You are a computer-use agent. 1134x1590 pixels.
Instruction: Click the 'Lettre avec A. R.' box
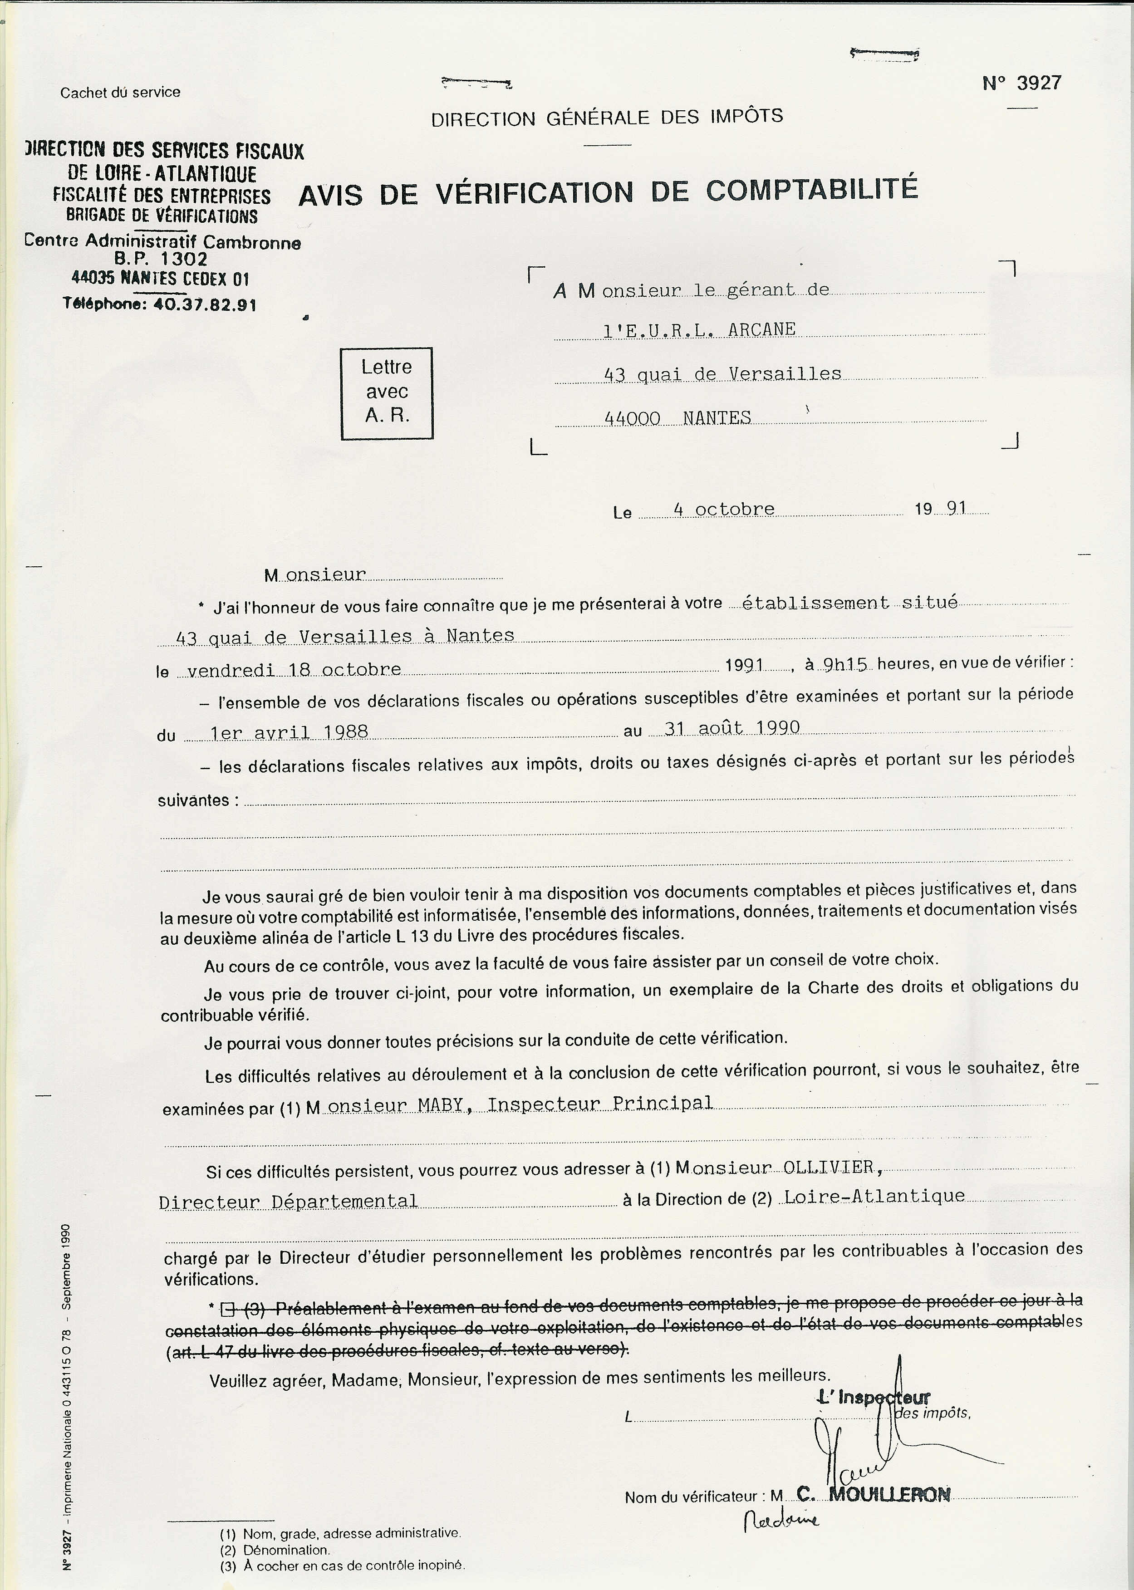coord(386,393)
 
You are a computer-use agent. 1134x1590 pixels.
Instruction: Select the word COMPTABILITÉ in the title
coord(811,191)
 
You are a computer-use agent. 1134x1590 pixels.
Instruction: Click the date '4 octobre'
coord(724,509)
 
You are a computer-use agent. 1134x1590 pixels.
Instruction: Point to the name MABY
coord(441,1104)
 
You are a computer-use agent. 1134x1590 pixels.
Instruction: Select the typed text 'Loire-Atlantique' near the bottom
coord(874,1196)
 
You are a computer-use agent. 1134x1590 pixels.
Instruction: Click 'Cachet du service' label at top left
coord(120,92)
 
